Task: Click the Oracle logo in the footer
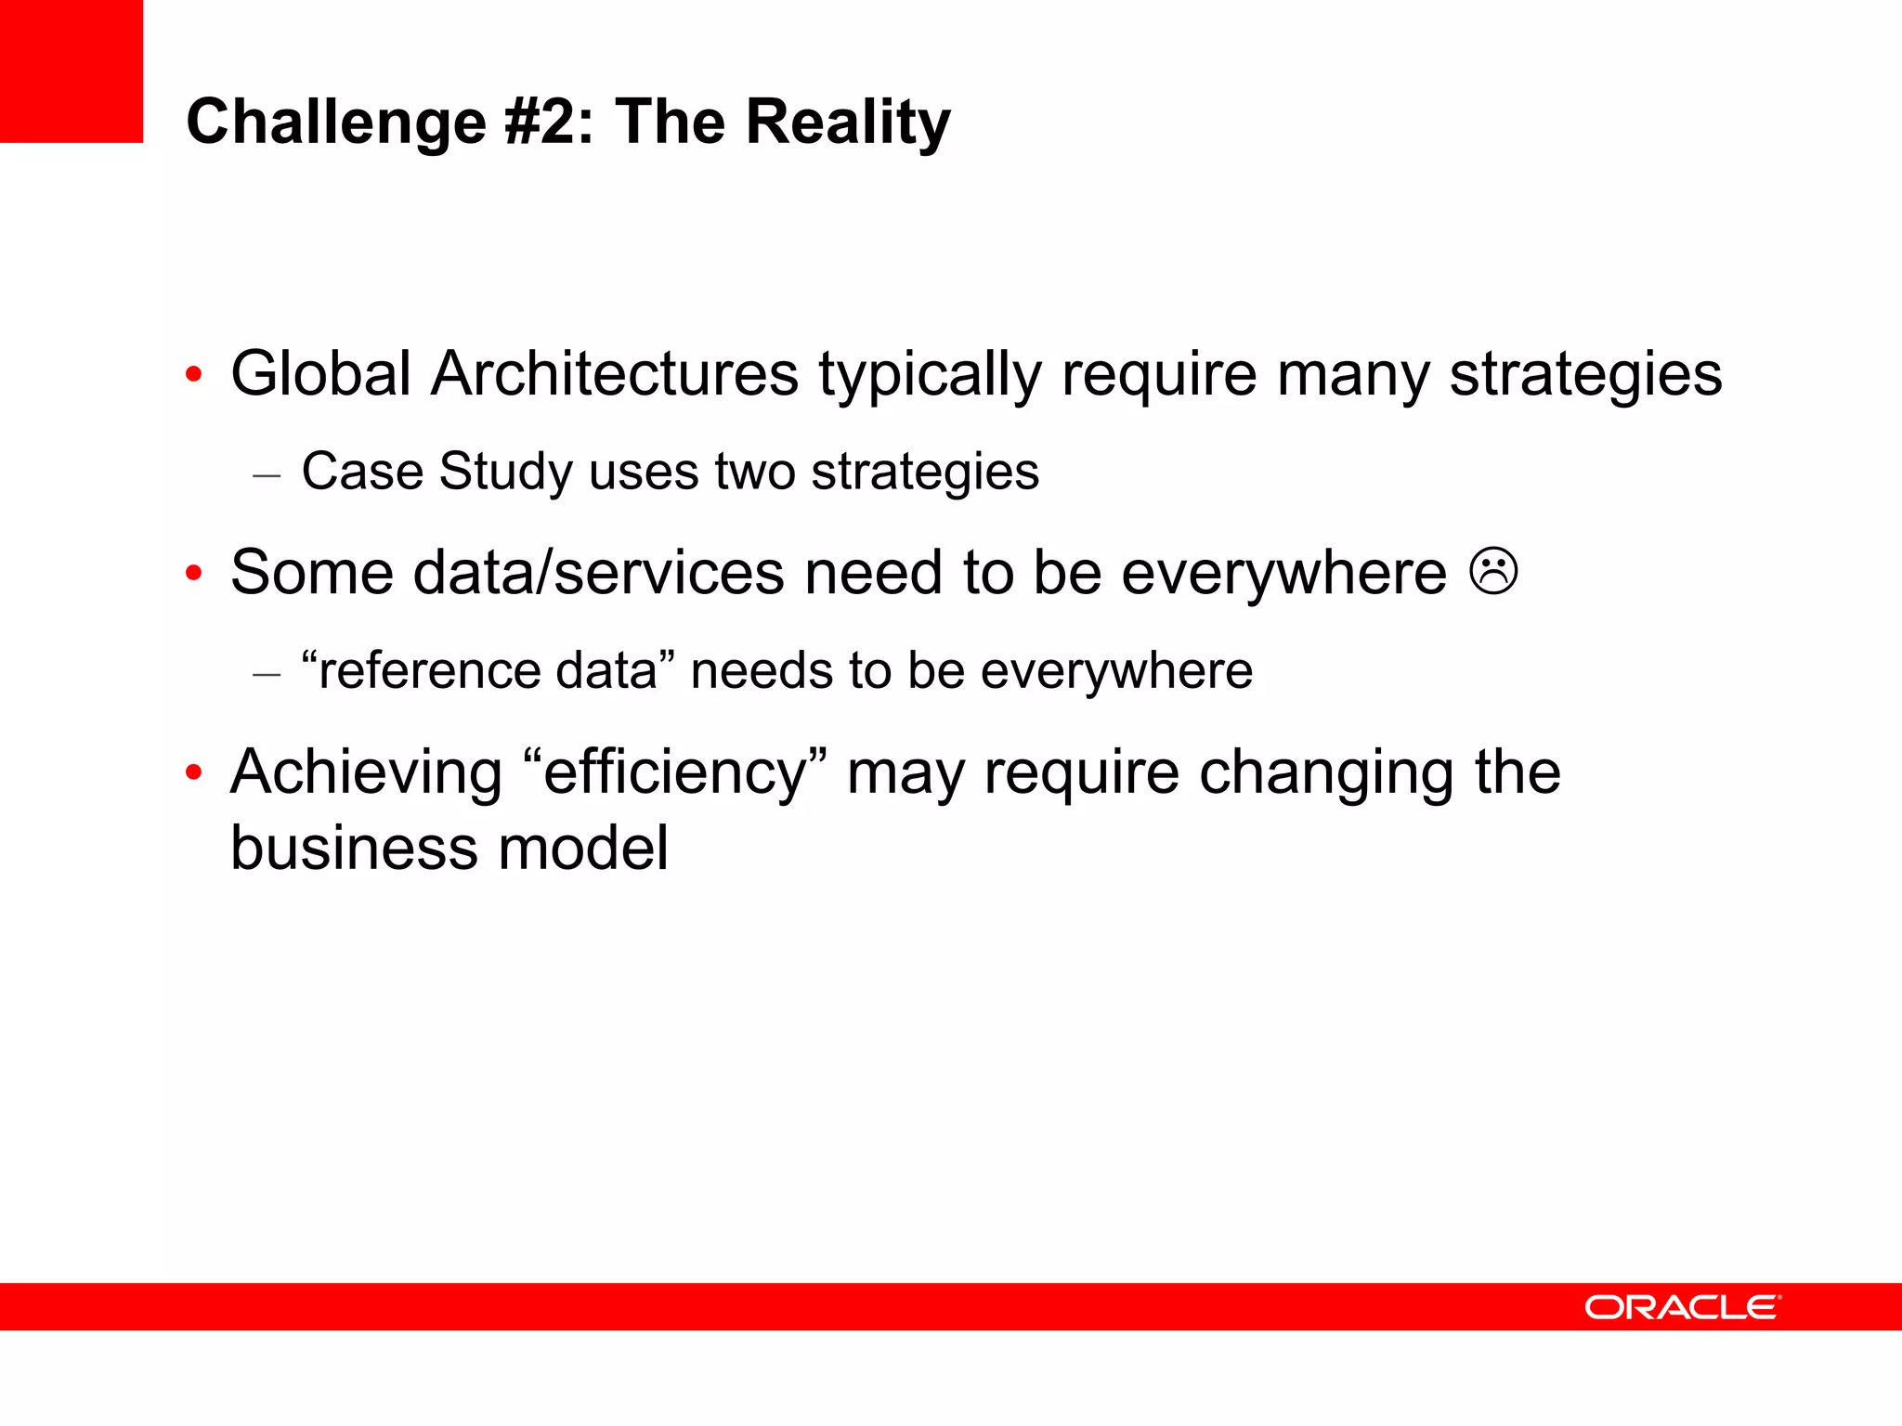click(x=1682, y=1307)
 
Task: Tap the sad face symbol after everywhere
click(x=1494, y=572)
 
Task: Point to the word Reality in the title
click(x=849, y=122)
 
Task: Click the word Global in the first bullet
click(x=321, y=374)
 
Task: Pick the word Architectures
click(x=615, y=374)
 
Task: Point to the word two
click(x=754, y=472)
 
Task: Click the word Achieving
click(x=366, y=772)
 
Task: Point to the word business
click(x=354, y=848)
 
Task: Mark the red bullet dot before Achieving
click(x=193, y=772)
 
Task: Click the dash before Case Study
click(x=267, y=475)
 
